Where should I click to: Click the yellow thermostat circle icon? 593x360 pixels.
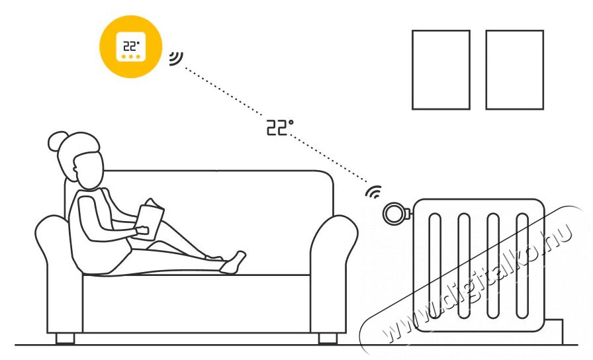pos(131,47)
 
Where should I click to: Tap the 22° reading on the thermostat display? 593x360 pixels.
pos(131,46)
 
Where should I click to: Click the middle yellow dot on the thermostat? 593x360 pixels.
pos(131,57)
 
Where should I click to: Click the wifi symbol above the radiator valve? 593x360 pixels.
pos(374,192)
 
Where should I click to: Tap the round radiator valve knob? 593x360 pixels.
pos(393,214)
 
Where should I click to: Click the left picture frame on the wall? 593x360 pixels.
pos(441,70)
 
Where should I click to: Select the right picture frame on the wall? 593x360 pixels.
pos(515,70)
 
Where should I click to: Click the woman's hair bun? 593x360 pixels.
pos(58,141)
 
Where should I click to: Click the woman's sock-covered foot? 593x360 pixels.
pos(232,262)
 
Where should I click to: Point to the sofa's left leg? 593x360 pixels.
pos(65,338)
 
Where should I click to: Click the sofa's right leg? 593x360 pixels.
pos(328,338)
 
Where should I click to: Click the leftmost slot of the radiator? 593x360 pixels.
pos(435,266)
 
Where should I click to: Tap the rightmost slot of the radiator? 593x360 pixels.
pos(522,266)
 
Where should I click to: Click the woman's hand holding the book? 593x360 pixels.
pos(143,230)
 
